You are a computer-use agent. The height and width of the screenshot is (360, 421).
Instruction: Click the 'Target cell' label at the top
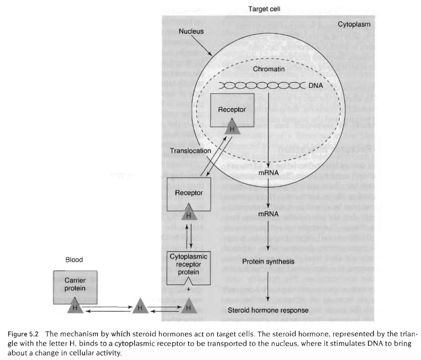pos(264,9)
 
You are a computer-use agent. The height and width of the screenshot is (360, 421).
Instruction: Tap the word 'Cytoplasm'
pos(354,25)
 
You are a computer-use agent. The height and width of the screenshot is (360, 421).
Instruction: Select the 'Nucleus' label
pos(191,31)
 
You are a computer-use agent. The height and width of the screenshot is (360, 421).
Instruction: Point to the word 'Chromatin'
pos(268,68)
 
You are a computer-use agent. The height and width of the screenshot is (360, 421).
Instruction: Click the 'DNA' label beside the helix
pos(316,85)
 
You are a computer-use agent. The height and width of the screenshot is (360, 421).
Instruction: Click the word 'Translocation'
pos(190,151)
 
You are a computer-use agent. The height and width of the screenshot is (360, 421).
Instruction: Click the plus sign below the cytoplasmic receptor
pos(189,289)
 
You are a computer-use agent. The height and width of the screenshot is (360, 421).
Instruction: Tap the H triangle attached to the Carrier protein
pos(75,307)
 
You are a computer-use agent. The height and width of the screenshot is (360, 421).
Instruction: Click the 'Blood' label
pos(74,260)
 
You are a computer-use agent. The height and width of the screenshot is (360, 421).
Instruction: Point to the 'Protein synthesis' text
pos(268,262)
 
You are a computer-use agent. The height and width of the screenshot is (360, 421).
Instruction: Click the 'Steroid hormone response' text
pos(268,310)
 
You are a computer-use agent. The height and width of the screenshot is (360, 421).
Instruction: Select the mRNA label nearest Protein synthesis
pos(268,213)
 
